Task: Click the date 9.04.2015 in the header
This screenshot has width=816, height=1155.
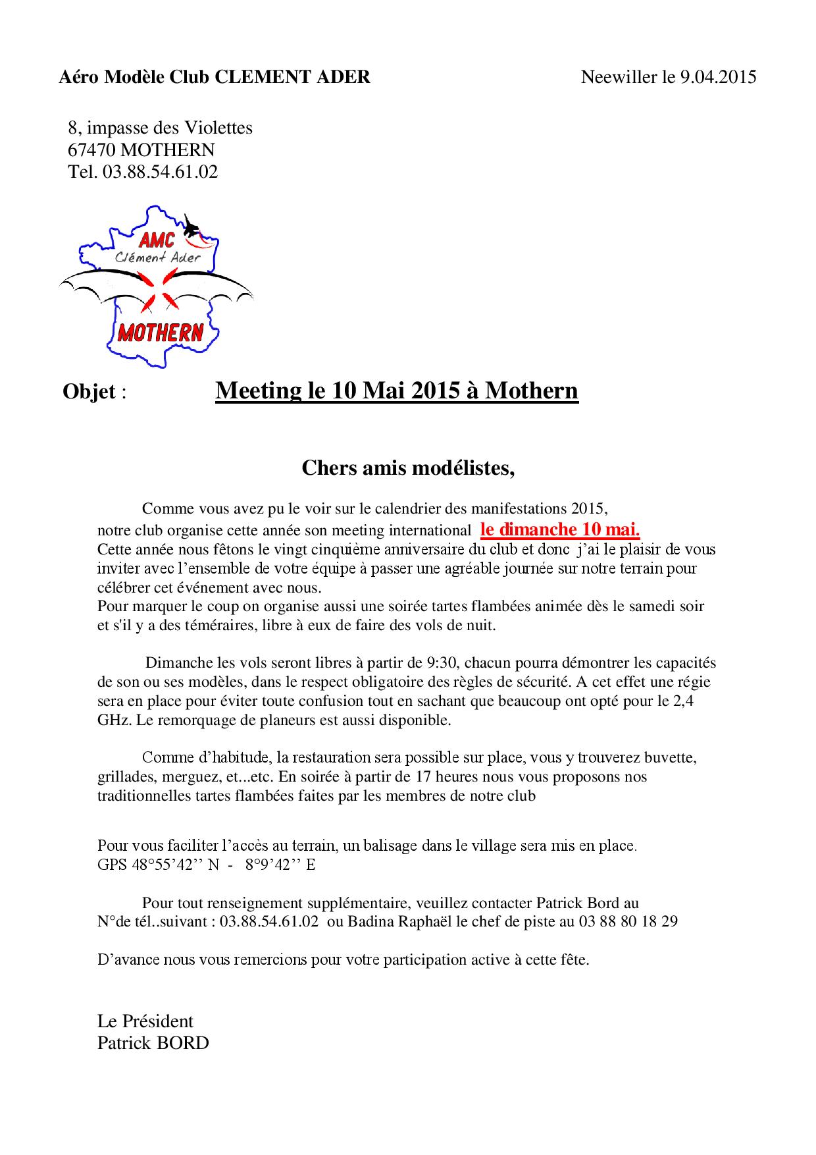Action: click(718, 77)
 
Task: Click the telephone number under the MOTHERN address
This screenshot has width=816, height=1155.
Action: click(160, 172)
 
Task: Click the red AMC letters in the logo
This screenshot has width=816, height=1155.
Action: click(157, 238)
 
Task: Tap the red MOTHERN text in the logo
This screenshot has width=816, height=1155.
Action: click(160, 333)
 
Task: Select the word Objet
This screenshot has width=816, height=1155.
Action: click(89, 392)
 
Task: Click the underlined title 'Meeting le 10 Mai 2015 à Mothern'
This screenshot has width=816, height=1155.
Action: click(397, 390)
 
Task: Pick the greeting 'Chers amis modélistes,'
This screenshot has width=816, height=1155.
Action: click(408, 468)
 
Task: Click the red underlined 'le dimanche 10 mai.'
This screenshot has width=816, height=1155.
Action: click(560, 529)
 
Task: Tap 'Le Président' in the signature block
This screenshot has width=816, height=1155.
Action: click(145, 1021)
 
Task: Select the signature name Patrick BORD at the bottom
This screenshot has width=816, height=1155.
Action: click(153, 1043)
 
